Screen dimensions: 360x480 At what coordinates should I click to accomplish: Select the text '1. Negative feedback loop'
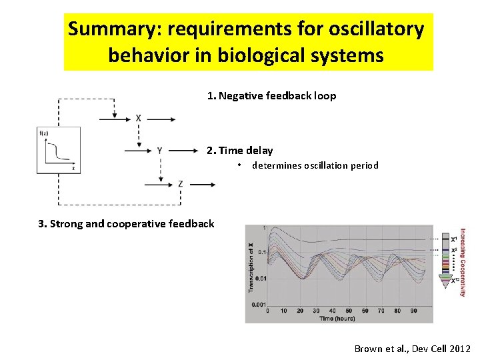pos(271,96)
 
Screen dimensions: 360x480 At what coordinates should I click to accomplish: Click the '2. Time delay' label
pos(239,151)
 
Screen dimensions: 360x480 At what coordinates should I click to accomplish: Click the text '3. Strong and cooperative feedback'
pos(127,223)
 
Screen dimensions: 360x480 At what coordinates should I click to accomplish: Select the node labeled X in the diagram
pos(138,119)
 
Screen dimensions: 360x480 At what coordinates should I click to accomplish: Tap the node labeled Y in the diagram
pos(159,151)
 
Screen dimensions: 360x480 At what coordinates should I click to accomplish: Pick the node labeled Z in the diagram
pos(180,183)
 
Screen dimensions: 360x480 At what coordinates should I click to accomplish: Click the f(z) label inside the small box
pos(44,133)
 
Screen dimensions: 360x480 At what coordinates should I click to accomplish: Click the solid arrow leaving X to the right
pos(160,119)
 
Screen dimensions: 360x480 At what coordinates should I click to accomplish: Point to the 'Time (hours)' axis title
pos(337,319)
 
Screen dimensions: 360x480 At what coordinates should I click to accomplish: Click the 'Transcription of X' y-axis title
pos(251,267)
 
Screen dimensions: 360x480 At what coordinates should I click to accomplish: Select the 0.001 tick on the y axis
pos(258,304)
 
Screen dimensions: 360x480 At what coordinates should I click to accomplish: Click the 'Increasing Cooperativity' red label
pos(463,263)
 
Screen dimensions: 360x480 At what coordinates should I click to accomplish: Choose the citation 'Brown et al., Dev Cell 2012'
pos(412,349)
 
